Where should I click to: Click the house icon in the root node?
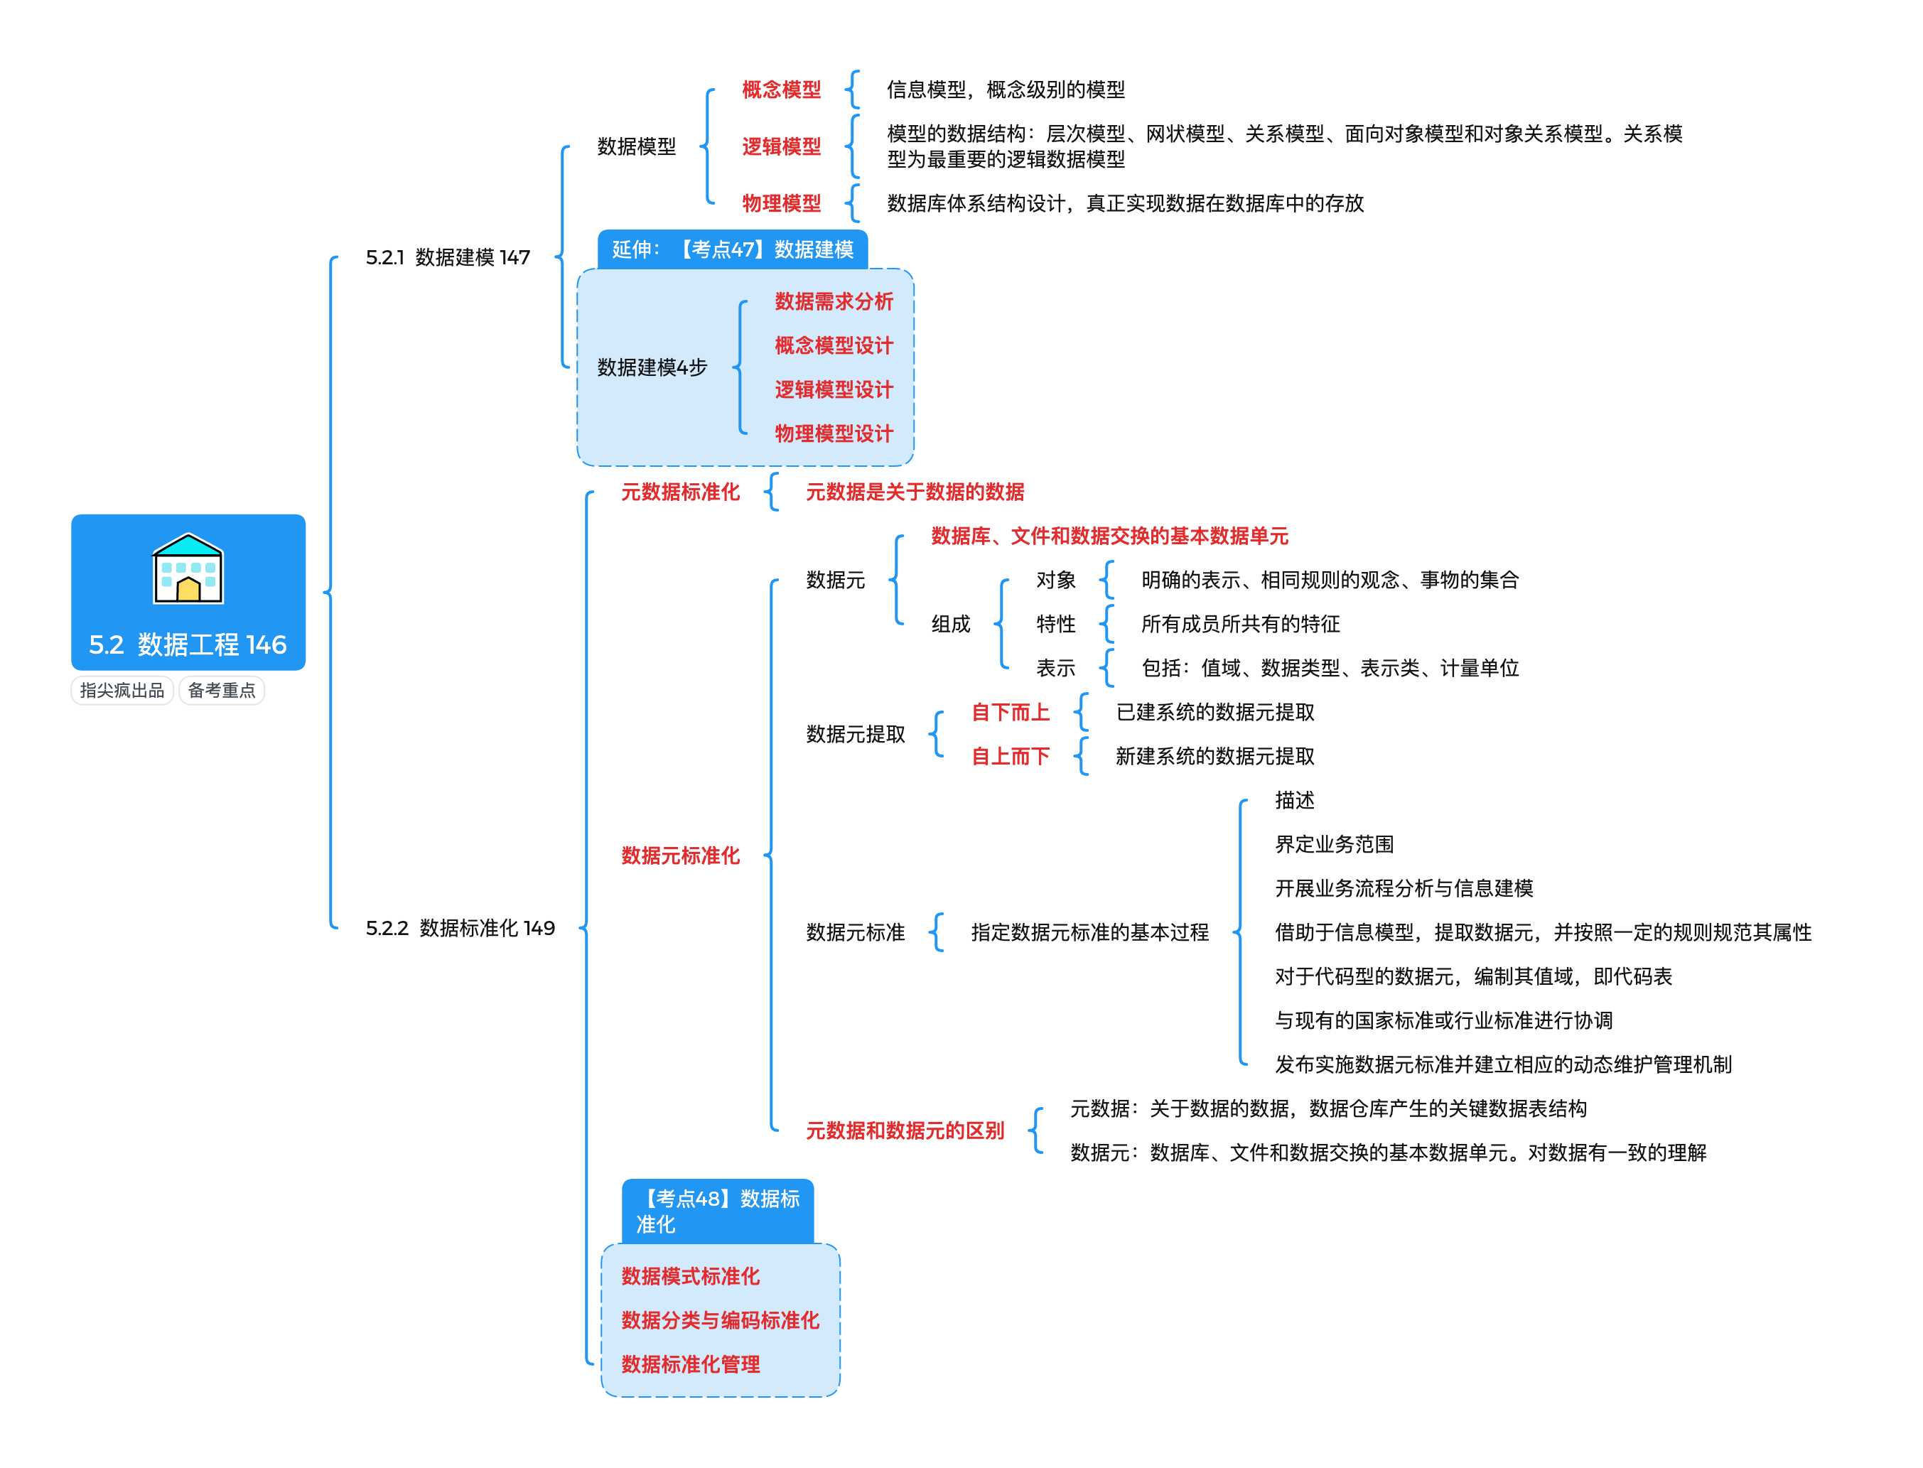pos(188,569)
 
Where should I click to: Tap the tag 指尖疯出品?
pos(122,691)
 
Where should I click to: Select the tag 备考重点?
pos(221,691)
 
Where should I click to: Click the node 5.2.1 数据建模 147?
pos(447,257)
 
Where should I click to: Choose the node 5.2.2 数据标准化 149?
pos(460,928)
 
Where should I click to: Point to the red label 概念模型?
pos(781,89)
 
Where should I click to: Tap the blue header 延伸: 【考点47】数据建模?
pos(732,250)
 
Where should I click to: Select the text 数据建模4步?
pos(652,367)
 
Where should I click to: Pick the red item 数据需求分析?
pos(834,301)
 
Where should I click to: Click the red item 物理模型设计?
pos(834,433)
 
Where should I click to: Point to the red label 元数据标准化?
pos(680,492)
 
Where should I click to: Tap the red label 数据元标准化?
pos(680,856)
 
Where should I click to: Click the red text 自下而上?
pos(1010,712)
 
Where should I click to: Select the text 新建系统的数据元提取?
pos(1214,756)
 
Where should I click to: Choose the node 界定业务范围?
pos(1334,844)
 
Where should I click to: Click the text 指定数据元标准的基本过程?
pos(1089,932)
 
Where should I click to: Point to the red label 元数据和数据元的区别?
pos(904,1130)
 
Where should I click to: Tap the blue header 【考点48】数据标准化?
pos(717,1211)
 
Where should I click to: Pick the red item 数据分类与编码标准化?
pos(720,1320)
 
